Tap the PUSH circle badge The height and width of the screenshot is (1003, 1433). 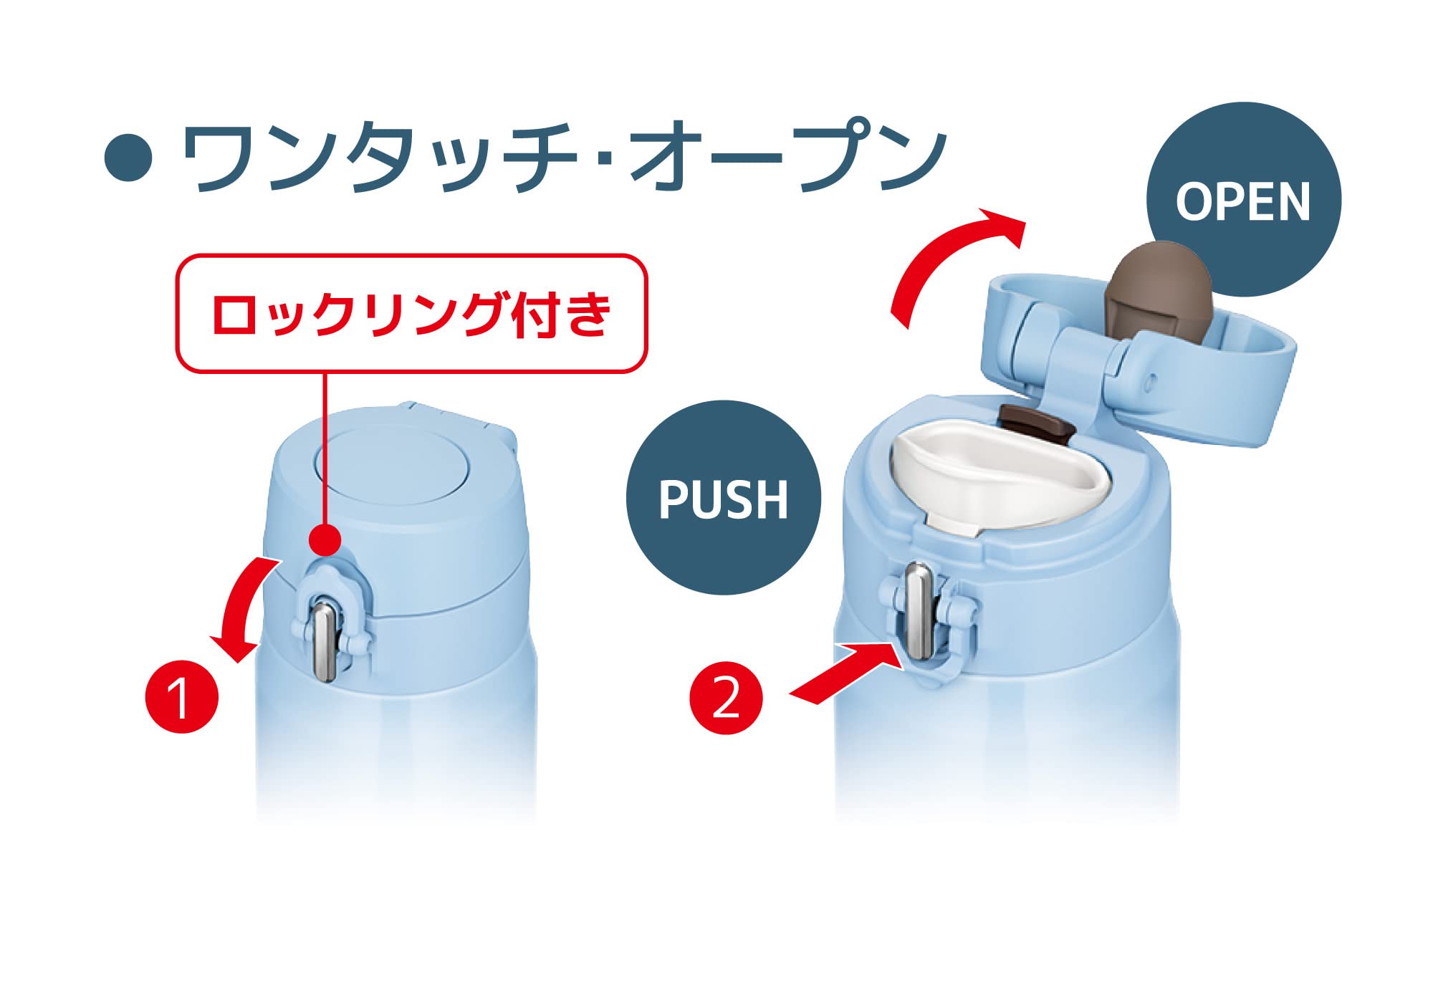724,497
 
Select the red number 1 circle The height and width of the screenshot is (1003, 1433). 181,696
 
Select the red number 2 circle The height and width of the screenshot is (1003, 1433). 727,698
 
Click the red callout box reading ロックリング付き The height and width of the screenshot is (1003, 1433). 412,313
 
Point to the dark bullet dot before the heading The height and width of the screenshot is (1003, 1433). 129,157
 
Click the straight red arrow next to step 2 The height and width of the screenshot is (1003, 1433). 845,673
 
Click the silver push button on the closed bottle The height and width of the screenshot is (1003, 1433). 325,640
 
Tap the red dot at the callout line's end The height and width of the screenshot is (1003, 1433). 326,538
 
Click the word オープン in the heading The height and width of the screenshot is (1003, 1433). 788,158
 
